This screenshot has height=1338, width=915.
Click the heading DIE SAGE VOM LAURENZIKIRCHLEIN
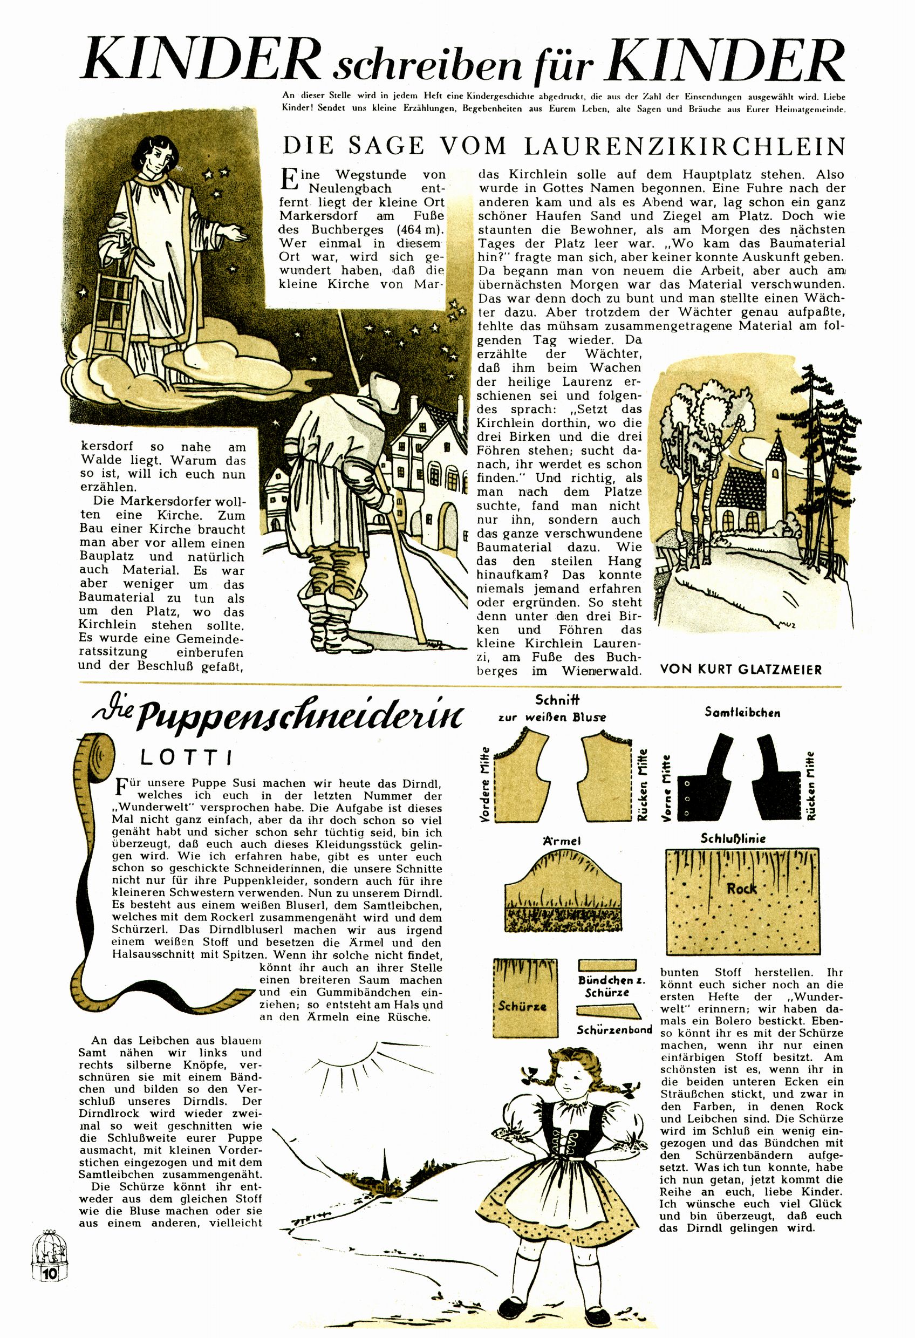563,147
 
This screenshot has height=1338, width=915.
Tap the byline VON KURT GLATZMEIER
741,669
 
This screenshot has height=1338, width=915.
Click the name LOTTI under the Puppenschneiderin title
186,758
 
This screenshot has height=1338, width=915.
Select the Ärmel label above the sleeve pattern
561,841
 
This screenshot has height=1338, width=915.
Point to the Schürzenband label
614,1030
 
